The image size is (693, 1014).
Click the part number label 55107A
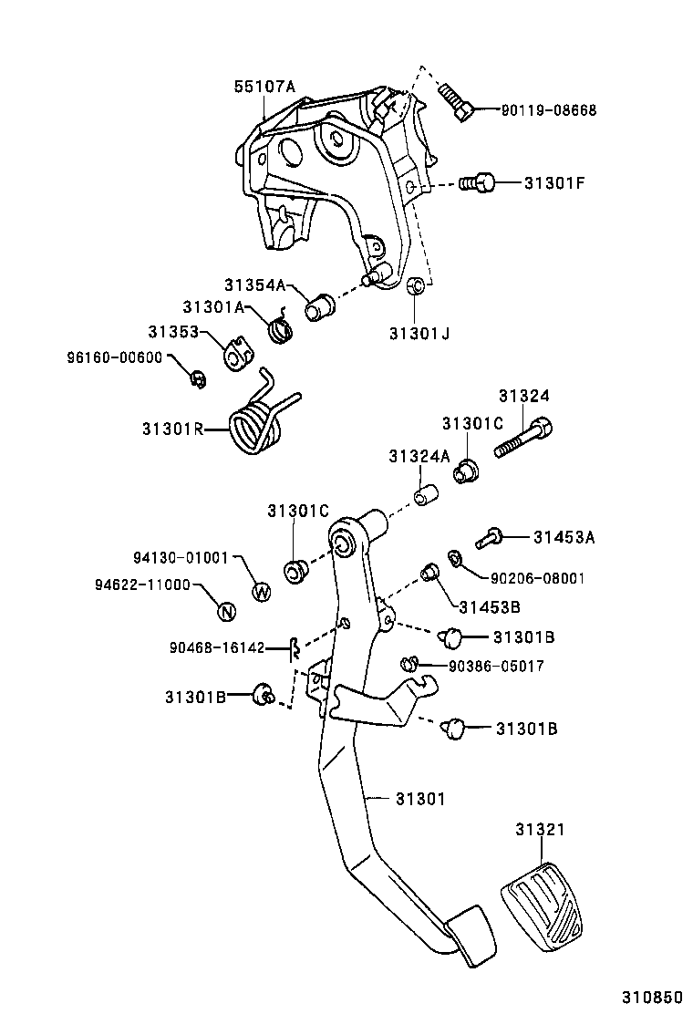click(264, 88)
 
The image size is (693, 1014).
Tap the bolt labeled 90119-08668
click(456, 100)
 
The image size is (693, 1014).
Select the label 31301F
click(554, 182)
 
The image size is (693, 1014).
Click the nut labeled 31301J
click(414, 287)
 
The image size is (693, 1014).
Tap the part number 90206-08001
click(538, 578)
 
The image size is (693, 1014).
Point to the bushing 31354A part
click(319, 307)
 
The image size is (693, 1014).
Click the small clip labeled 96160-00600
click(196, 378)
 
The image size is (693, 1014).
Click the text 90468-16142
click(216, 648)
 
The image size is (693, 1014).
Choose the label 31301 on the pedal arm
click(419, 799)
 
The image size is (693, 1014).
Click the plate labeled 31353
click(236, 356)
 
